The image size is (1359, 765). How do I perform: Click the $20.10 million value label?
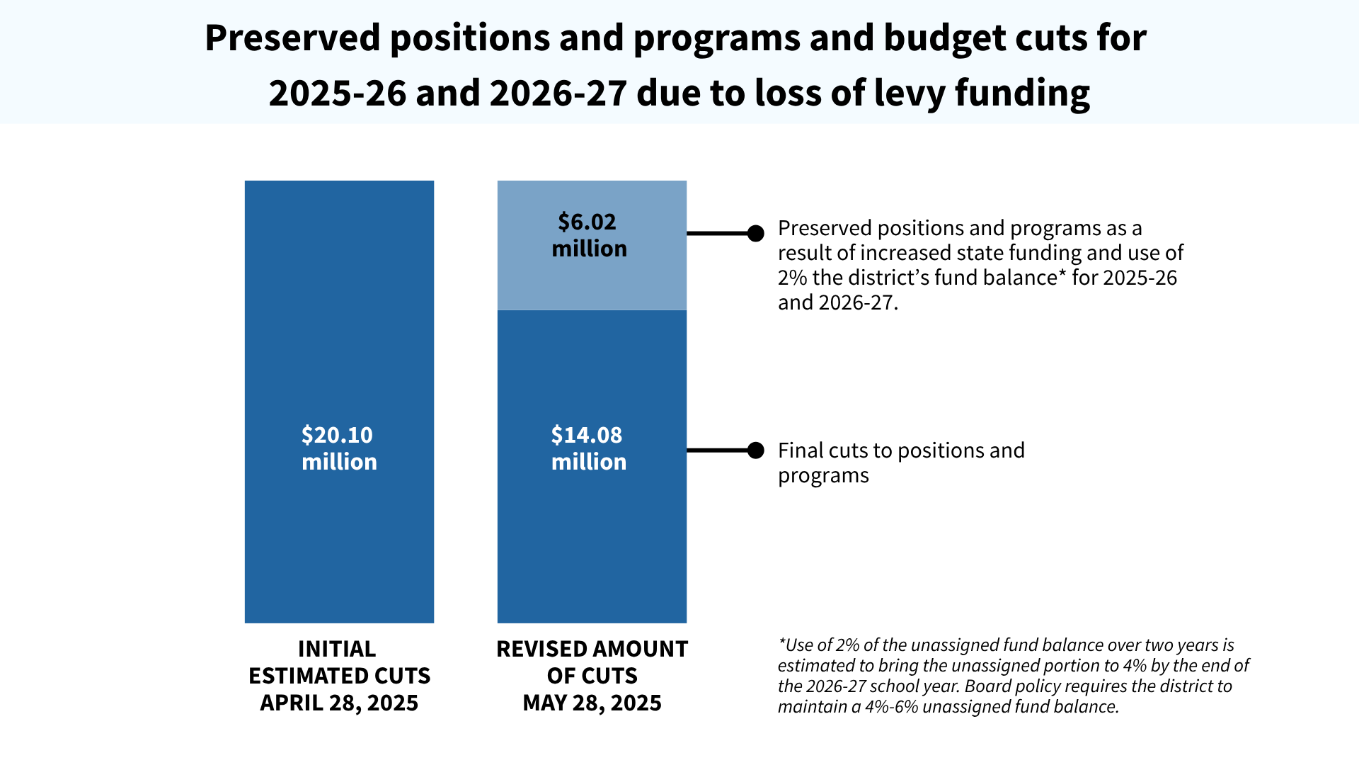[339, 448]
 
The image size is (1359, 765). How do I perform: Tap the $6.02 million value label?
[589, 235]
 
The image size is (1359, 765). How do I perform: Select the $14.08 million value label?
[589, 448]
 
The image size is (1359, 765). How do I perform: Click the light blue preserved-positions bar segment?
[592, 283]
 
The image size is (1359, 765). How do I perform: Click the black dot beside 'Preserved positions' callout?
[756, 233]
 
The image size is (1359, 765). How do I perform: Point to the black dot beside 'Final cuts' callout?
[756, 450]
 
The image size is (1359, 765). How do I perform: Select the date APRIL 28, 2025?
[339, 703]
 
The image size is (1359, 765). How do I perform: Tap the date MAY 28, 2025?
[592, 703]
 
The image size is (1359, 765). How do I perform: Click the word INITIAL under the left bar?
[337, 649]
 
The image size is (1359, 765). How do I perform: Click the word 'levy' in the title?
[909, 93]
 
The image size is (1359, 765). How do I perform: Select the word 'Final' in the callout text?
[800, 450]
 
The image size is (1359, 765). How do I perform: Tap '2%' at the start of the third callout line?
[792, 278]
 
